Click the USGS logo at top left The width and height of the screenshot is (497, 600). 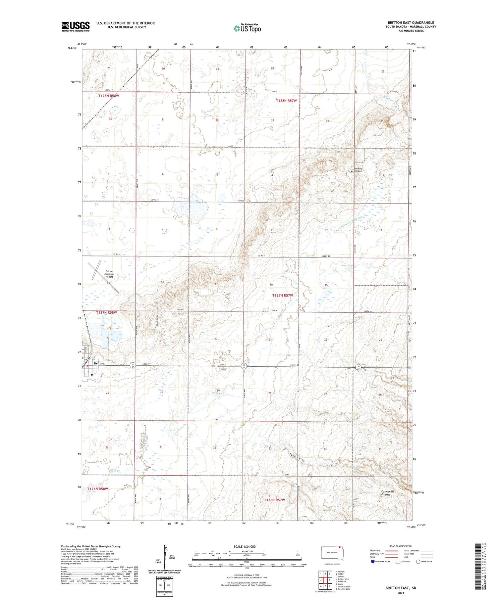pyautogui.click(x=76, y=26)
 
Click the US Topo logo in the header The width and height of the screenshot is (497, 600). pyautogui.click(x=247, y=28)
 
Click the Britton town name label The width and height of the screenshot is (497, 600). pyautogui.click(x=99, y=363)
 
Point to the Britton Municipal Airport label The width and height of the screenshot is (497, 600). pyautogui.click(x=109, y=274)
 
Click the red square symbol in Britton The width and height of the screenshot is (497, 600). pyautogui.click(x=87, y=366)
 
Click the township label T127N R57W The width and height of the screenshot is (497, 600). pyautogui.click(x=283, y=295)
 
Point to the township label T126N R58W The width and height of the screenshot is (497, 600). pyautogui.click(x=98, y=489)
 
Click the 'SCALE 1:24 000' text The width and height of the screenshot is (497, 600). pyautogui.click(x=245, y=546)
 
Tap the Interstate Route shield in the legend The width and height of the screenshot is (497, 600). pyautogui.click(x=373, y=561)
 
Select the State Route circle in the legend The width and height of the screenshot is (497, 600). pyautogui.click(x=418, y=561)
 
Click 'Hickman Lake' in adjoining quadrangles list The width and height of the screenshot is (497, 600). pyautogui.click(x=344, y=586)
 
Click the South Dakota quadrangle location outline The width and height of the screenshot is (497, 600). pyautogui.click(x=333, y=553)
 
